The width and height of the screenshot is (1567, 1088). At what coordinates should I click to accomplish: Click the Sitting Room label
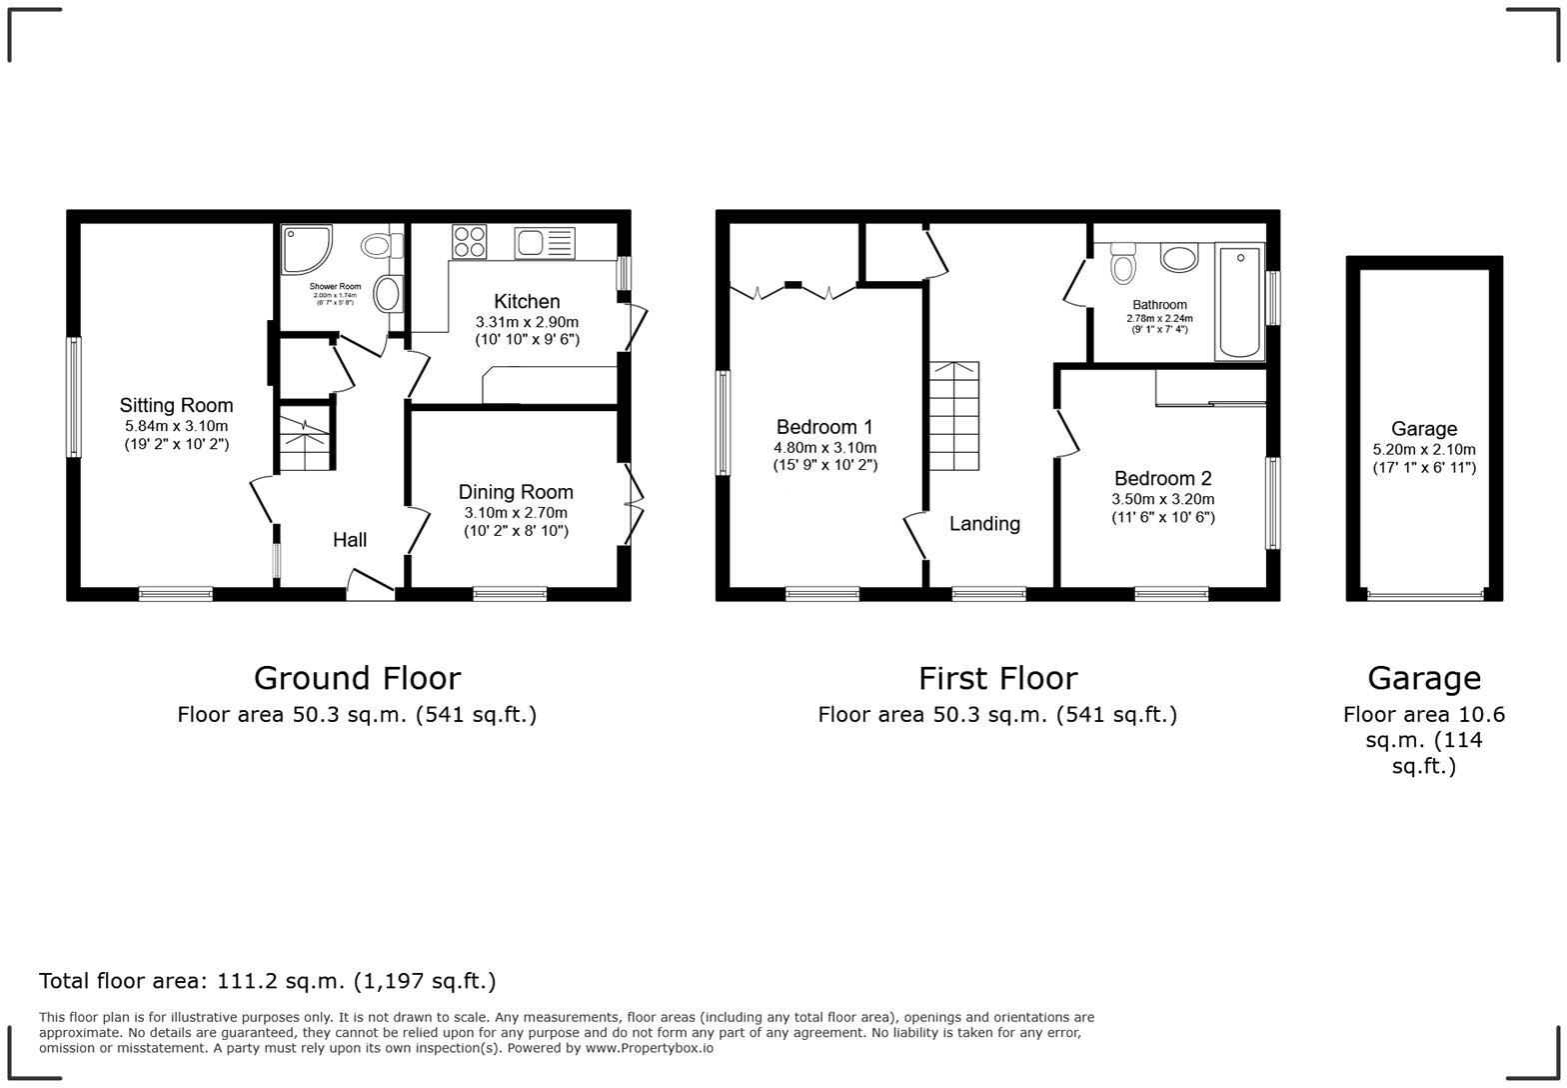176,405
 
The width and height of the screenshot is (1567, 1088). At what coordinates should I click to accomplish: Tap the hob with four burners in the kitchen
470,241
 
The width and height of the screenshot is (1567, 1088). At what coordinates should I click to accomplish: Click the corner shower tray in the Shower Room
304,248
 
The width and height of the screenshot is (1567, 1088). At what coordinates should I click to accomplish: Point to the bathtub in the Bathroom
1239,300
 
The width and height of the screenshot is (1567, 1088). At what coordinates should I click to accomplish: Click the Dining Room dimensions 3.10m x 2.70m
516,512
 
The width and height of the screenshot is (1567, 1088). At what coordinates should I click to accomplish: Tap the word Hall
350,540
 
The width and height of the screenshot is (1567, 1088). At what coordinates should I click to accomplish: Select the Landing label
984,523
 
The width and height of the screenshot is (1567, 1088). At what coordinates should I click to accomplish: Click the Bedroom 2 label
1162,478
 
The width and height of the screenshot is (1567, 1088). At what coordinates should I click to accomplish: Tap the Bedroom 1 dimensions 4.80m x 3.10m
824,448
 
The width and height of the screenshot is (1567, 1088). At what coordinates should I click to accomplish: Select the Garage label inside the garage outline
1423,428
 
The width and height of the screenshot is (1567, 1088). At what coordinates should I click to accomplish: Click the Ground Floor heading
357,678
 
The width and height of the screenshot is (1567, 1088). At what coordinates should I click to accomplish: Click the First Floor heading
997,678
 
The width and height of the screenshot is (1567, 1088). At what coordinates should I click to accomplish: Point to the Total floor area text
267,981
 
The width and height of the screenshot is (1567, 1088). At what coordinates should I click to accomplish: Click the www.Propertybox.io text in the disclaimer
649,1048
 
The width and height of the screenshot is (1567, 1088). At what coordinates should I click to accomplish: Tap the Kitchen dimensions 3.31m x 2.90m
527,322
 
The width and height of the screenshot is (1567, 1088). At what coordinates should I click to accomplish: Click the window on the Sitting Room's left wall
73,397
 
